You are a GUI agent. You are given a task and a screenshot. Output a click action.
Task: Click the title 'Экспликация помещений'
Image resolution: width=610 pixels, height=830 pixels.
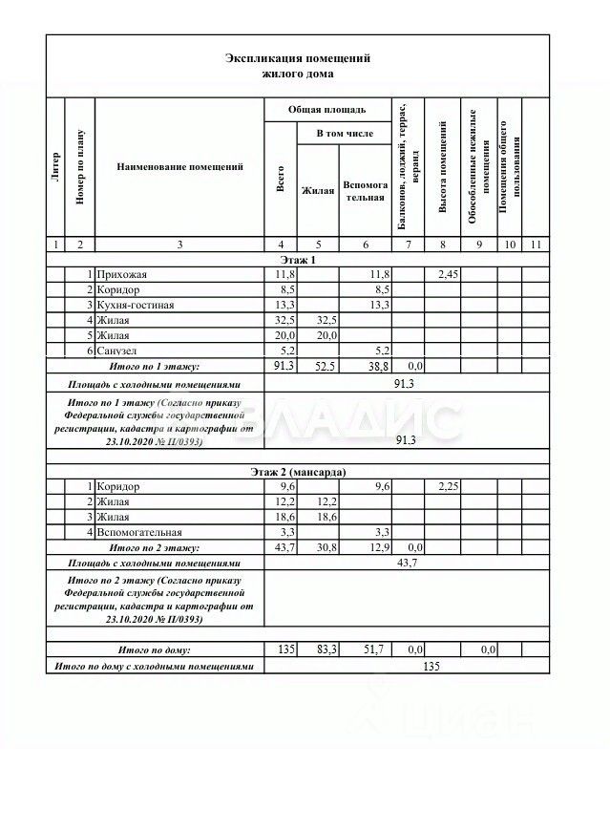[x=297, y=58]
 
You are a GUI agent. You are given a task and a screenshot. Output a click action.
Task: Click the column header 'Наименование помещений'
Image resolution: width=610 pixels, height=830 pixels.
[x=179, y=167]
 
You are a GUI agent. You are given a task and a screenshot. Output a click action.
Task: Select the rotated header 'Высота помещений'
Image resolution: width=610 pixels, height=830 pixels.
[x=443, y=166]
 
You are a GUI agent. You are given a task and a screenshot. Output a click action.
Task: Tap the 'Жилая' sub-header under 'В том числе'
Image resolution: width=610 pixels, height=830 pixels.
[x=317, y=191]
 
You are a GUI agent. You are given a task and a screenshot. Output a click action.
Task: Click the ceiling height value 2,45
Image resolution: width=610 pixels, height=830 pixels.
[x=449, y=275]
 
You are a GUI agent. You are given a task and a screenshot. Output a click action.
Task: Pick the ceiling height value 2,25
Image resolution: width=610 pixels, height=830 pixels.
[x=449, y=487]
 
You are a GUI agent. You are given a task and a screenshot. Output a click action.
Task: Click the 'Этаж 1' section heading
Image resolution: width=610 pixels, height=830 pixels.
[x=297, y=260]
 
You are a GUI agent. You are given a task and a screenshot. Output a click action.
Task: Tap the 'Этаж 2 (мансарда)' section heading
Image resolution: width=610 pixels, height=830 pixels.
[x=297, y=472]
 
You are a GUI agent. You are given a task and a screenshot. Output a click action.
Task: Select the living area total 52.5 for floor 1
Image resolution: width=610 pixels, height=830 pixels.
[x=317, y=366]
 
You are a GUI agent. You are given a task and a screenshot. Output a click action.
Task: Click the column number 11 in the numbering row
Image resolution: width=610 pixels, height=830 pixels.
[x=535, y=245]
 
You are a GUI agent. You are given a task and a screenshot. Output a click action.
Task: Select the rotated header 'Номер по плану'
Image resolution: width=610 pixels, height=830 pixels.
[x=80, y=166]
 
